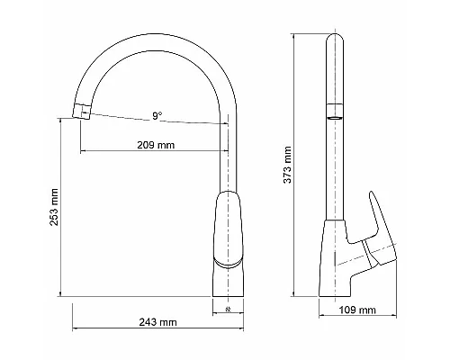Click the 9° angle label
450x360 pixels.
point(157,115)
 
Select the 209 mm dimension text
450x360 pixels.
point(156,144)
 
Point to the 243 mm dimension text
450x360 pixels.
point(158,321)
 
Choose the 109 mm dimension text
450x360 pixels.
point(358,310)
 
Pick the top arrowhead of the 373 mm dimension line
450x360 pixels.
point(296,37)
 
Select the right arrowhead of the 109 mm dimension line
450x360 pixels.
point(397,317)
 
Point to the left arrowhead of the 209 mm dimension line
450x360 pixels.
point(82,150)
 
